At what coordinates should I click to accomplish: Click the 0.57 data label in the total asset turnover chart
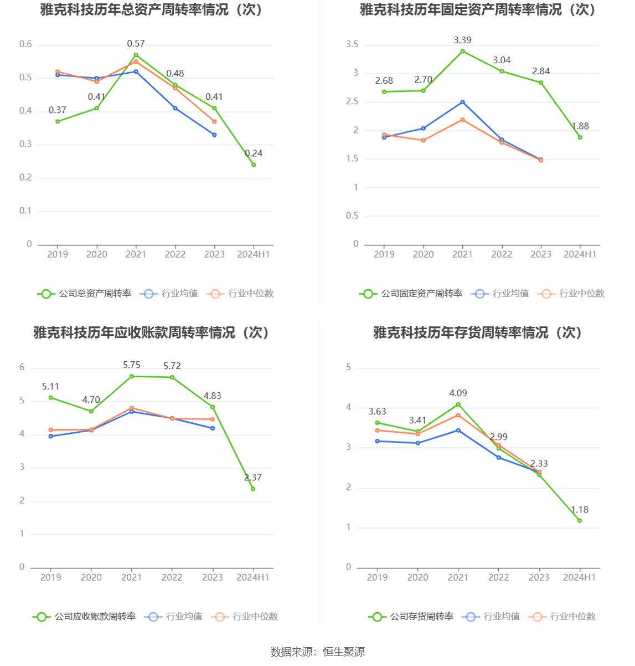(x=136, y=43)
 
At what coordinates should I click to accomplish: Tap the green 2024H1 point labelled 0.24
(x=254, y=165)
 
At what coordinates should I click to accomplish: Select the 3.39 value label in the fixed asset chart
(x=462, y=40)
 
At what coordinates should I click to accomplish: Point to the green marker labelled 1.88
(x=580, y=137)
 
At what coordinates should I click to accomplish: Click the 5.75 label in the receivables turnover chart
(x=131, y=365)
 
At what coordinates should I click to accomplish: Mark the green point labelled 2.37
(x=253, y=489)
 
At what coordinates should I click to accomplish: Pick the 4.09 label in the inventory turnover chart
(x=458, y=393)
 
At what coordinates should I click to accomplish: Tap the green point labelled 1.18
(x=580, y=521)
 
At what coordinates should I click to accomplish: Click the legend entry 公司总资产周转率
(x=84, y=293)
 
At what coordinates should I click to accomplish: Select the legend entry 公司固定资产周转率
(x=411, y=293)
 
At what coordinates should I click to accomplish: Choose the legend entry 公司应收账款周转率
(x=84, y=616)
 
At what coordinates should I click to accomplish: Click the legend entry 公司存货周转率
(x=411, y=616)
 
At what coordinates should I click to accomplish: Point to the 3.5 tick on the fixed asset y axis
(x=352, y=44)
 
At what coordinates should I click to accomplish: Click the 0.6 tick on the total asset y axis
(x=25, y=44)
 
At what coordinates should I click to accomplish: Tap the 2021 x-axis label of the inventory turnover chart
(x=458, y=577)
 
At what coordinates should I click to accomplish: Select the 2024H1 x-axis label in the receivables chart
(x=253, y=577)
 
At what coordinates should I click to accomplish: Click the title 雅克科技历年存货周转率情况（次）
(x=478, y=332)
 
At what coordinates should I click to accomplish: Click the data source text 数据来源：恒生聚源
(x=318, y=652)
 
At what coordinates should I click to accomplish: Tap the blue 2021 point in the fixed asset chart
(x=462, y=102)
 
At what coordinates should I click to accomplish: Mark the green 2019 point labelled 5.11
(x=51, y=398)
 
